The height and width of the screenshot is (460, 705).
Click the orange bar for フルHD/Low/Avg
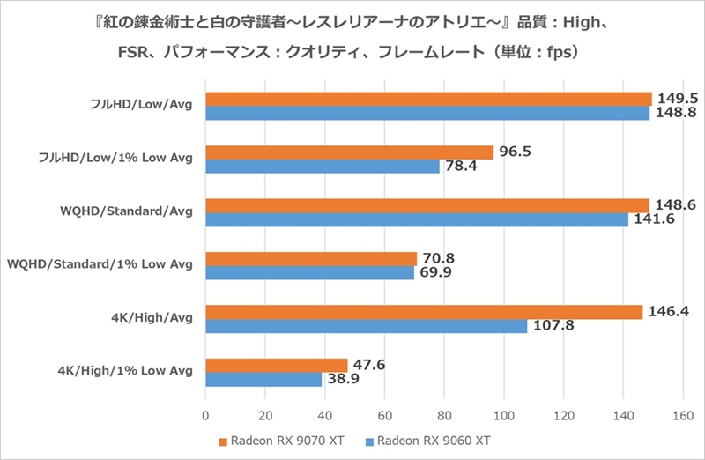tap(428, 99)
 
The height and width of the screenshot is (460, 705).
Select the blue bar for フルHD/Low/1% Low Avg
tap(322, 167)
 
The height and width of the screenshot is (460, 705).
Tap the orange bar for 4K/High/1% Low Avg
tap(276, 365)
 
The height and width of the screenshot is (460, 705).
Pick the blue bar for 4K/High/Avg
tap(366, 326)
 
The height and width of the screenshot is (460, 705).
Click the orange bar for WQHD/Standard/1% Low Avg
tap(310, 258)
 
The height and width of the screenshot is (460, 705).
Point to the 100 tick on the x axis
tap(504, 415)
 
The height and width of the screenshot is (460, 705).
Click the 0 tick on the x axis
tap(205, 415)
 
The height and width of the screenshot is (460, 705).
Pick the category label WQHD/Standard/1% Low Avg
tap(100, 263)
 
